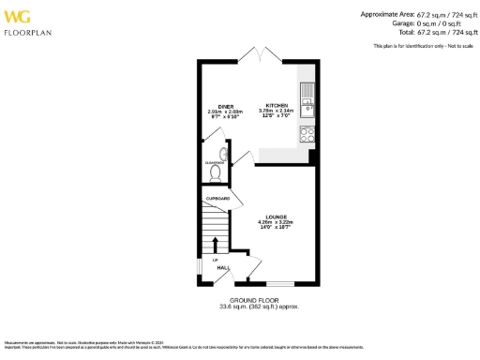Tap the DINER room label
(226, 106)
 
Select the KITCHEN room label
(277, 105)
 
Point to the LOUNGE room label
(276, 215)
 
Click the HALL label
(224, 267)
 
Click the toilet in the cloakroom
(216, 173)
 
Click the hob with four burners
(306, 134)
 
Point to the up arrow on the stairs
(213, 246)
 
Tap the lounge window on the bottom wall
(279, 282)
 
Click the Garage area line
(430, 22)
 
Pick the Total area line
(423, 31)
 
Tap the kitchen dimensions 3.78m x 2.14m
(277, 111)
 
